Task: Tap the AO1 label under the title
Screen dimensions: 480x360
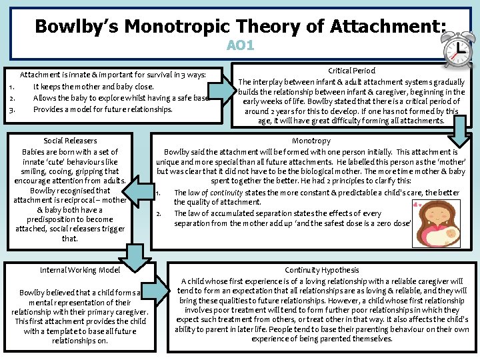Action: point(240,46)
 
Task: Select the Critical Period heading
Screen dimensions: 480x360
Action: point(352,70)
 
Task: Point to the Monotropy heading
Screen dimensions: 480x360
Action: point(311,141)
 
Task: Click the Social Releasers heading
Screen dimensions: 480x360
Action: point(70,141)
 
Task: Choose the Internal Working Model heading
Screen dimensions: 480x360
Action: point(80,270)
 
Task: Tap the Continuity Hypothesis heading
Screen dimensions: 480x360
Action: point(322,270)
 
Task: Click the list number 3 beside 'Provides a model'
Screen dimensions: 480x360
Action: point(11,109)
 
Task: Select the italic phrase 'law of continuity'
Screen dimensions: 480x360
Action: point(212,193)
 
